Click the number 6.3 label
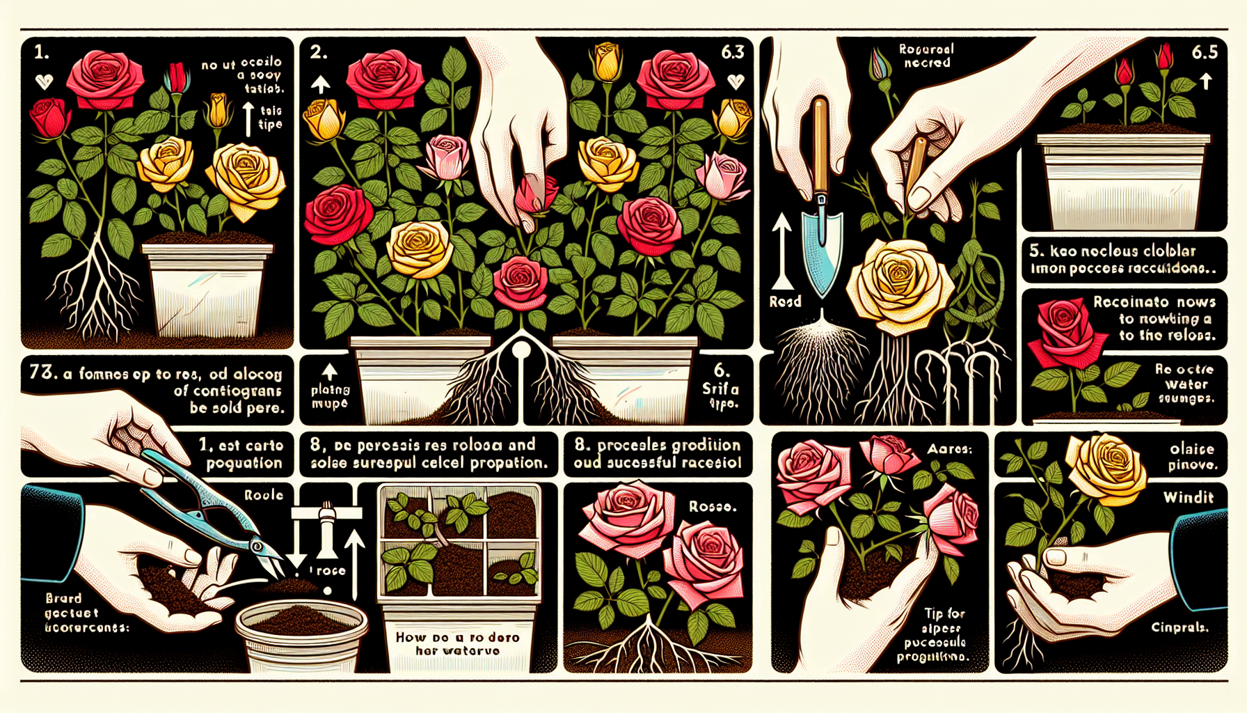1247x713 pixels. pyautogui.click(x=733, y=52)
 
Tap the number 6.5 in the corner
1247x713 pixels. pyautogui.click(x=1205, y=52)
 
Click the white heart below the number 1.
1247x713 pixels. pyautogui.click(x=44, y=82)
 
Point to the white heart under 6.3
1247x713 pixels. pyautogui.click(x=736, y=81)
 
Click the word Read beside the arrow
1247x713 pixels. pyautogui.click(x=785, y=301)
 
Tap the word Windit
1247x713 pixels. pyautogui.click(x=1189, y=497)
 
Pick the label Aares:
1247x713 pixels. pyautogui.click(x=949, y=450)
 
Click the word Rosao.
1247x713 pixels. pyautogui.click(x=713, y=507)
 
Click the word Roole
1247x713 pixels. pyautogui.click(x=264, y=495)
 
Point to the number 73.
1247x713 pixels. pyautogui.click(x=43, y=373)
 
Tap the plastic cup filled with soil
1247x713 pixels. pyautogui.click(x=301, y=634)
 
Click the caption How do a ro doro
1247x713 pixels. pyautogui.click(x=457, y=637)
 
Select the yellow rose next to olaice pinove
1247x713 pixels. pyautogui.click(x=1106, y=462)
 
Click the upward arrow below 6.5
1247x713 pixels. pyautogui.click(x=1206, y=81)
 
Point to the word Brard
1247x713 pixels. pyautogui.click(x=63, y=598)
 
